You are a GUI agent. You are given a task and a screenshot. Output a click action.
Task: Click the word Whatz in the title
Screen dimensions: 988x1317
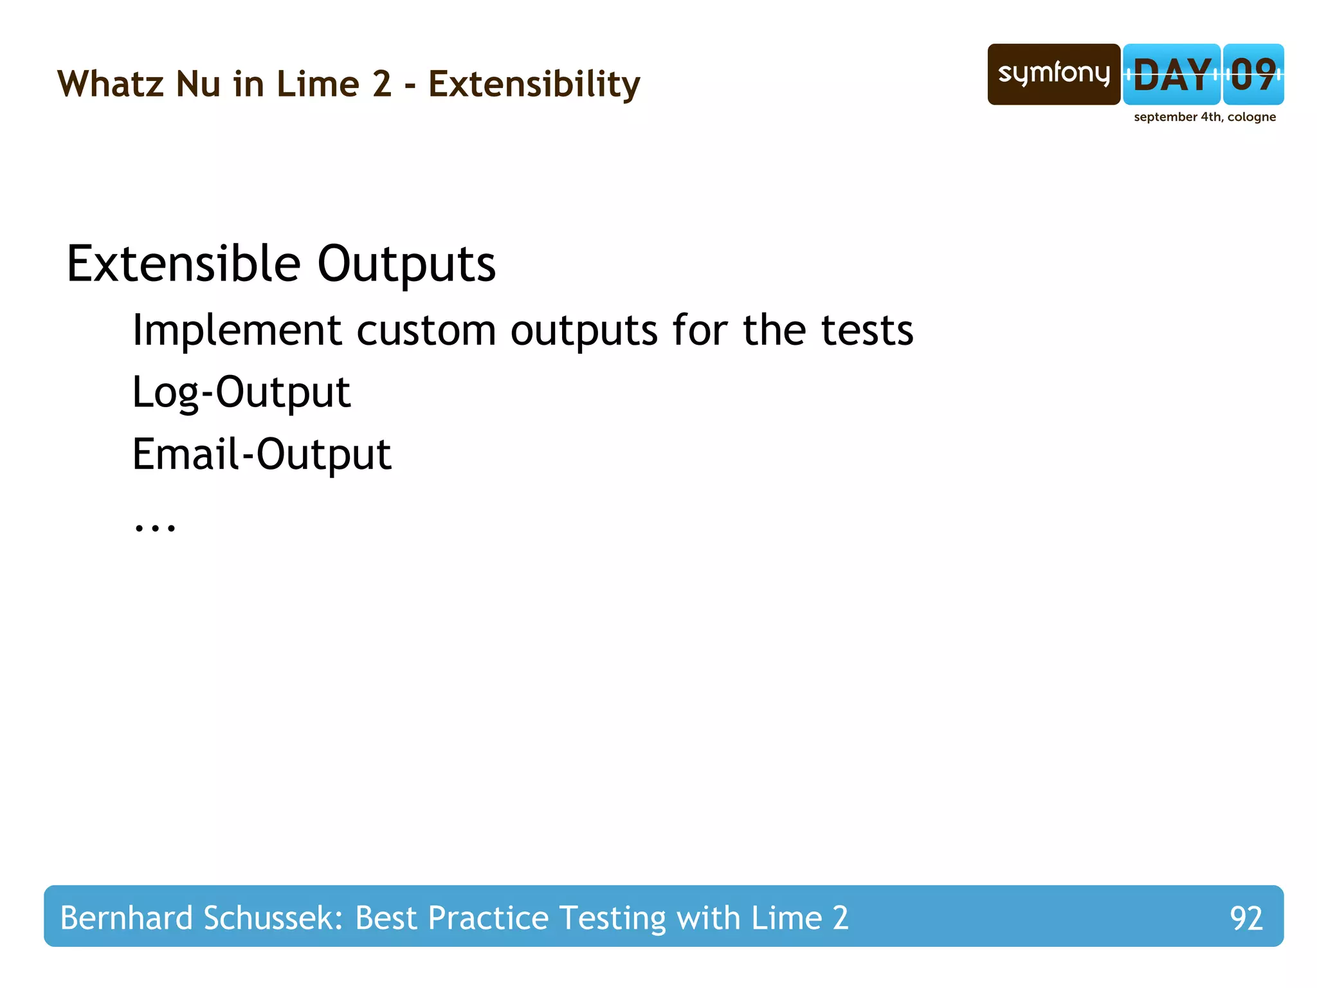110,84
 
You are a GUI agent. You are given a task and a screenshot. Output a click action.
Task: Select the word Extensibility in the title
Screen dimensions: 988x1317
534,84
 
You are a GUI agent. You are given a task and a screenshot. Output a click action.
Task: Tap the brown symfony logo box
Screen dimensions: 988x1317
1053,75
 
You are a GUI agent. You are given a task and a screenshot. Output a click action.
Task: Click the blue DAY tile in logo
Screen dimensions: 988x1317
1171,75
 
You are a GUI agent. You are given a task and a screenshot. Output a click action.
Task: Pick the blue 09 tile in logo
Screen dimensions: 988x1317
1253,75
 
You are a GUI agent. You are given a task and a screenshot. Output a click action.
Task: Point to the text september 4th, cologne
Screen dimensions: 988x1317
1204,117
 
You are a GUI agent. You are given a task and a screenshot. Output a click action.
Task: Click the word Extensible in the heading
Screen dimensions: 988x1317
183,264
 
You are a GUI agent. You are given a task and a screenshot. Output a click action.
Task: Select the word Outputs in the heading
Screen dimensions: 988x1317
406,264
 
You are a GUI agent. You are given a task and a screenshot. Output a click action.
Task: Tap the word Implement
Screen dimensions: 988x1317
237,331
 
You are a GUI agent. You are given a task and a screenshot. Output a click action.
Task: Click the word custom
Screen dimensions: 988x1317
426,331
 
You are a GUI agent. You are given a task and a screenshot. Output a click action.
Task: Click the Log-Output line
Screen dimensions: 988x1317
241,392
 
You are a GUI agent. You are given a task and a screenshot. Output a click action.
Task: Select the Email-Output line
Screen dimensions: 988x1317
262,454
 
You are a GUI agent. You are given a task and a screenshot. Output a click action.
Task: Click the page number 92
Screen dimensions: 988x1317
1246,918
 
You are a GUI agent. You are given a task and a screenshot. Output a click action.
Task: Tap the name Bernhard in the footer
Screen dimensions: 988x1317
126,918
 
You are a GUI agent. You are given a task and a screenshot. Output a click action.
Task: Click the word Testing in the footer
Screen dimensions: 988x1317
612,918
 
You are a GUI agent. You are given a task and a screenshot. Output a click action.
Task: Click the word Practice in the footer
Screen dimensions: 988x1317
488,918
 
